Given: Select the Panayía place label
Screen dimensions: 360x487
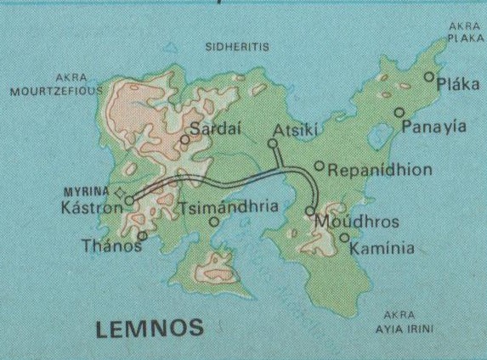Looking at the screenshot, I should pyautogui.click(x=434, y=127).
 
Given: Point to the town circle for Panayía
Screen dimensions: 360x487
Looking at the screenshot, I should pyautogui.click(x=399, y=112).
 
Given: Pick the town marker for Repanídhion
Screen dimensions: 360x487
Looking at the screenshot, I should pyautogui.click(x=320, y=166).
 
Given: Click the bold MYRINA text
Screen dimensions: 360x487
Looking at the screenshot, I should pyautogui.click(x=92, y=192).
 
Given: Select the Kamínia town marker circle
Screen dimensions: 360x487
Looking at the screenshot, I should pyautogui.click(x=344, y=238).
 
